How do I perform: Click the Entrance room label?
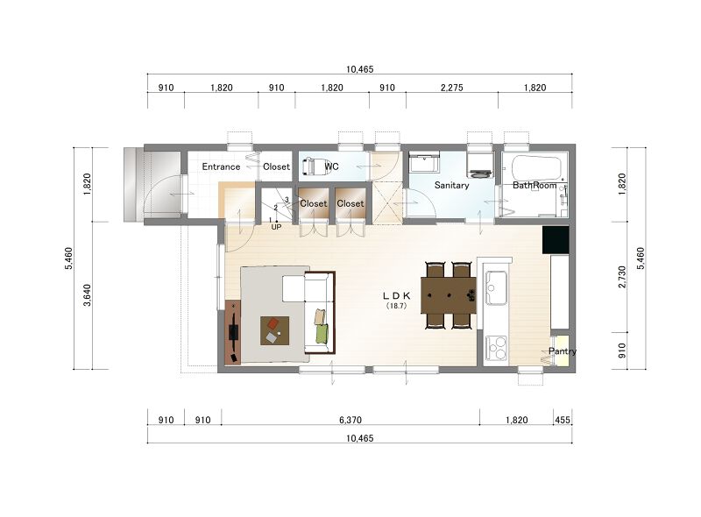point(221,166)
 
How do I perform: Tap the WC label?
point(332,166)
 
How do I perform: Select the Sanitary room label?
point(451,185)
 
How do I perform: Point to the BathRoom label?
point(535,185)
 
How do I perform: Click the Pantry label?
point(563,351)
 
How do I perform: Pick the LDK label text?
point(397,295)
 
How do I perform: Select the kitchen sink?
point(496,287)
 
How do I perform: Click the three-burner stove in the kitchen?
point(496,348)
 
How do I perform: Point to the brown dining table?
point(449,295)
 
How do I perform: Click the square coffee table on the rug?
point(274,330)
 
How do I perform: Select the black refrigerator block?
point(556,240)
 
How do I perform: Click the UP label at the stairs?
point(276,227)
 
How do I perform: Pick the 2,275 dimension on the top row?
point(451,88)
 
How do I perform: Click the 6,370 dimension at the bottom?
point(350,420)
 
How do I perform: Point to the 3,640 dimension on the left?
point(87,295)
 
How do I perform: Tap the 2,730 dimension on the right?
point(622,277)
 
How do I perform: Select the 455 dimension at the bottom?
point(563,420)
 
